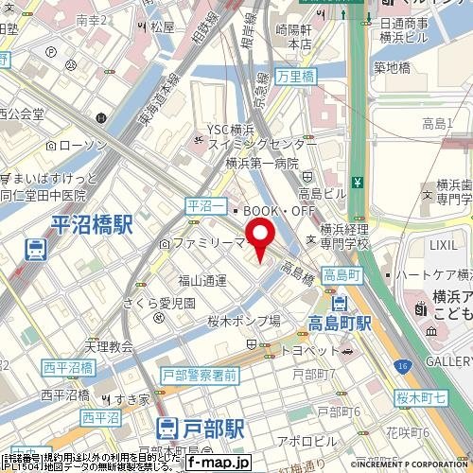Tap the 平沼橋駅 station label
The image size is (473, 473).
tap(92, 224)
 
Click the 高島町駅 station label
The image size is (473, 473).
tap(340, 324)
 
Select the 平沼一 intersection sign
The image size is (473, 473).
tap(201, 205)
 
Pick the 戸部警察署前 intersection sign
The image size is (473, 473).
tap(199, 375)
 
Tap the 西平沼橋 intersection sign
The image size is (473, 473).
tap(67, 367)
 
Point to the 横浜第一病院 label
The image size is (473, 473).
tap(262, 162)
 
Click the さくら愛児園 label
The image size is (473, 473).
tap(159, 304)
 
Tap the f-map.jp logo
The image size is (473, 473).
tap(218, 463)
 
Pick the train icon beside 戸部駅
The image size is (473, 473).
tap(166, 429)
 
